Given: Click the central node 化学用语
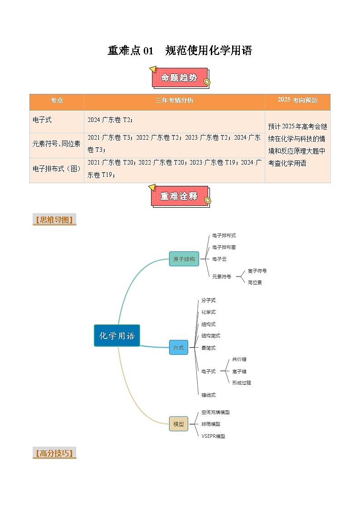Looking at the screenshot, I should (x=117, y=336).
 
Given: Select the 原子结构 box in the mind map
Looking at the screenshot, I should (x=184, y=259).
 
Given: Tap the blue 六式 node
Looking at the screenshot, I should (x=178, y=348).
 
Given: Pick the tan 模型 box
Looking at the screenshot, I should (x=178, y=424).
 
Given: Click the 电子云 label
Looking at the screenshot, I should (x=219, y=259).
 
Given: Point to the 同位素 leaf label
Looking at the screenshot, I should (x=255, y=282).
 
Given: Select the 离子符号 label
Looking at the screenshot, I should (x=257, y=271).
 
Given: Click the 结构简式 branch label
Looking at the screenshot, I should (x=211, y=335).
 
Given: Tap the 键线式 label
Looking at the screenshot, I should (x=209, y=395).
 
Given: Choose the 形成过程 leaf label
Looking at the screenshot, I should (x=241, y=383).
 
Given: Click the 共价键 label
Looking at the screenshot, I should (x=239, y=359).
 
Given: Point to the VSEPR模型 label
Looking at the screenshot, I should (x=213, y=436).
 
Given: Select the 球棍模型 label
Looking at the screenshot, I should (x=211, y=424).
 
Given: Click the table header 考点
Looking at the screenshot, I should (x=57, y=100).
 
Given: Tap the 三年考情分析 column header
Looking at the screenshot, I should (x=174, y=100).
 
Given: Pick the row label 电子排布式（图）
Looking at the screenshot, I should (x=57, y=169).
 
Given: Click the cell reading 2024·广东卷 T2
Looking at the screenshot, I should (x=110, y=120).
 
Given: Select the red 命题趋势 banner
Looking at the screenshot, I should (x=180, y=78).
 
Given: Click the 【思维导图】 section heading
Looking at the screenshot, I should (x=54, y=221).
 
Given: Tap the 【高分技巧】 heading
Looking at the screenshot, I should (x=54, y=453).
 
